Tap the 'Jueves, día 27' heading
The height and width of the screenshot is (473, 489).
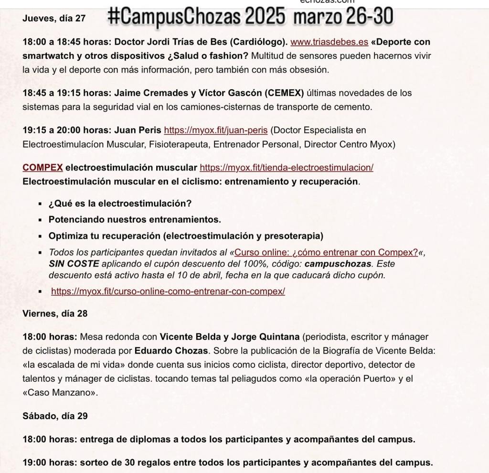coord(54,19)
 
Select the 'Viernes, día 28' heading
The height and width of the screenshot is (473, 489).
coord(55,314)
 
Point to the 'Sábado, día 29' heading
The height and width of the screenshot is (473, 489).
coord(55,416)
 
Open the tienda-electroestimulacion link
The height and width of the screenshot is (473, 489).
coord(286,168)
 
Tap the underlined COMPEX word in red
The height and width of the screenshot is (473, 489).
coord(43,168)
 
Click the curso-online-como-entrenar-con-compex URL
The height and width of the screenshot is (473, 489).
coord(168,291)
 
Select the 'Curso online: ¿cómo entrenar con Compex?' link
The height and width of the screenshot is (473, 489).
coord(326,252)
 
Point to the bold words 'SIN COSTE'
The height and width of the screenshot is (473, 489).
coord(74,264)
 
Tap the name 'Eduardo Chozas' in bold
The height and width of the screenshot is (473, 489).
coord(171,351)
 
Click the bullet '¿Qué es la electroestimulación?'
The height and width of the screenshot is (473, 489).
coord(120,204)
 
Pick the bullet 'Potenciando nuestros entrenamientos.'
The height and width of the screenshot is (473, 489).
coord(135,220)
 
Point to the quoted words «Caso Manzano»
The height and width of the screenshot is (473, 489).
coord(60,393)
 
